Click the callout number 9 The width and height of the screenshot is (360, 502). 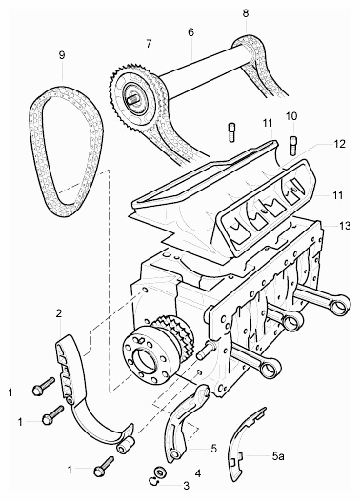(62, 55)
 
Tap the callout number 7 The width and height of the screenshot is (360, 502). (150, 44)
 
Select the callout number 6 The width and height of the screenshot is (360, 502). (191, 32)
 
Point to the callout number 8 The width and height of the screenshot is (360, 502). (246, 13)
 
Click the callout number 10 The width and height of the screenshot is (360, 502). (291, 116)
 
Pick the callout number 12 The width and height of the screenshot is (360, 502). (339, 144)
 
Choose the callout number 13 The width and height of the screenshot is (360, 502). (345, 226)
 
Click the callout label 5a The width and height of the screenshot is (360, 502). (278, 456)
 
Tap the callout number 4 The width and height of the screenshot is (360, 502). (198, 473)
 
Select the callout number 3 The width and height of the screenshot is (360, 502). (187, 486)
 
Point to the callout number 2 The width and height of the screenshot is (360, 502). (59, 313)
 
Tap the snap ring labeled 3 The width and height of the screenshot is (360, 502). (152, 481)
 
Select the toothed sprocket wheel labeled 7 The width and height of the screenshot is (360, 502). (133, 99)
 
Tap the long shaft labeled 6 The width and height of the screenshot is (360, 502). (205, 76)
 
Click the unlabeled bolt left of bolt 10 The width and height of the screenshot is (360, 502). (232, 131)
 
